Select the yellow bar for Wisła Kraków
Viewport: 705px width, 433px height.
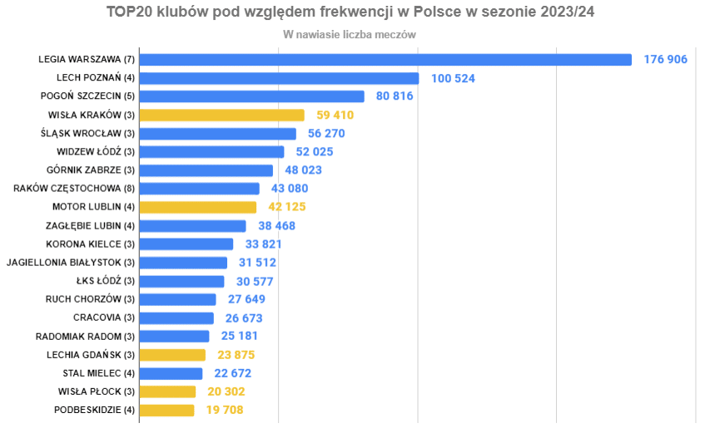[221, 115]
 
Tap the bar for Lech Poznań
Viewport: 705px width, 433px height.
[279, 78]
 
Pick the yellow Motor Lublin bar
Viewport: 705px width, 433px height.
[197, 207]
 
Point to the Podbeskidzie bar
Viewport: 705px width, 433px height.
[166, 410]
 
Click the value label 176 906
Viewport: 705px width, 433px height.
[665, 60]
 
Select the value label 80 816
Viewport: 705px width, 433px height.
[395, 96]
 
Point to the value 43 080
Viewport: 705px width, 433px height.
[290, 189]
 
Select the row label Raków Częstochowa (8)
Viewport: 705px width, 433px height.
[74, 189]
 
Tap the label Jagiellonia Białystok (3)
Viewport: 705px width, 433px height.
[71, 263]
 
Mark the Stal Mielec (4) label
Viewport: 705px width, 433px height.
[98, 373]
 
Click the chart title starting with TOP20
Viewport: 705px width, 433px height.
[350, 13]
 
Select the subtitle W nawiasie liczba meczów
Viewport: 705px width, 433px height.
[350, 35]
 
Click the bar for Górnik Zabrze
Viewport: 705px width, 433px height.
[206, 170]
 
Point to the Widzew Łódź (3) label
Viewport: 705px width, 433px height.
[96, 151]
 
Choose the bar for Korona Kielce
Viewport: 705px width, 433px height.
[186, 244]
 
